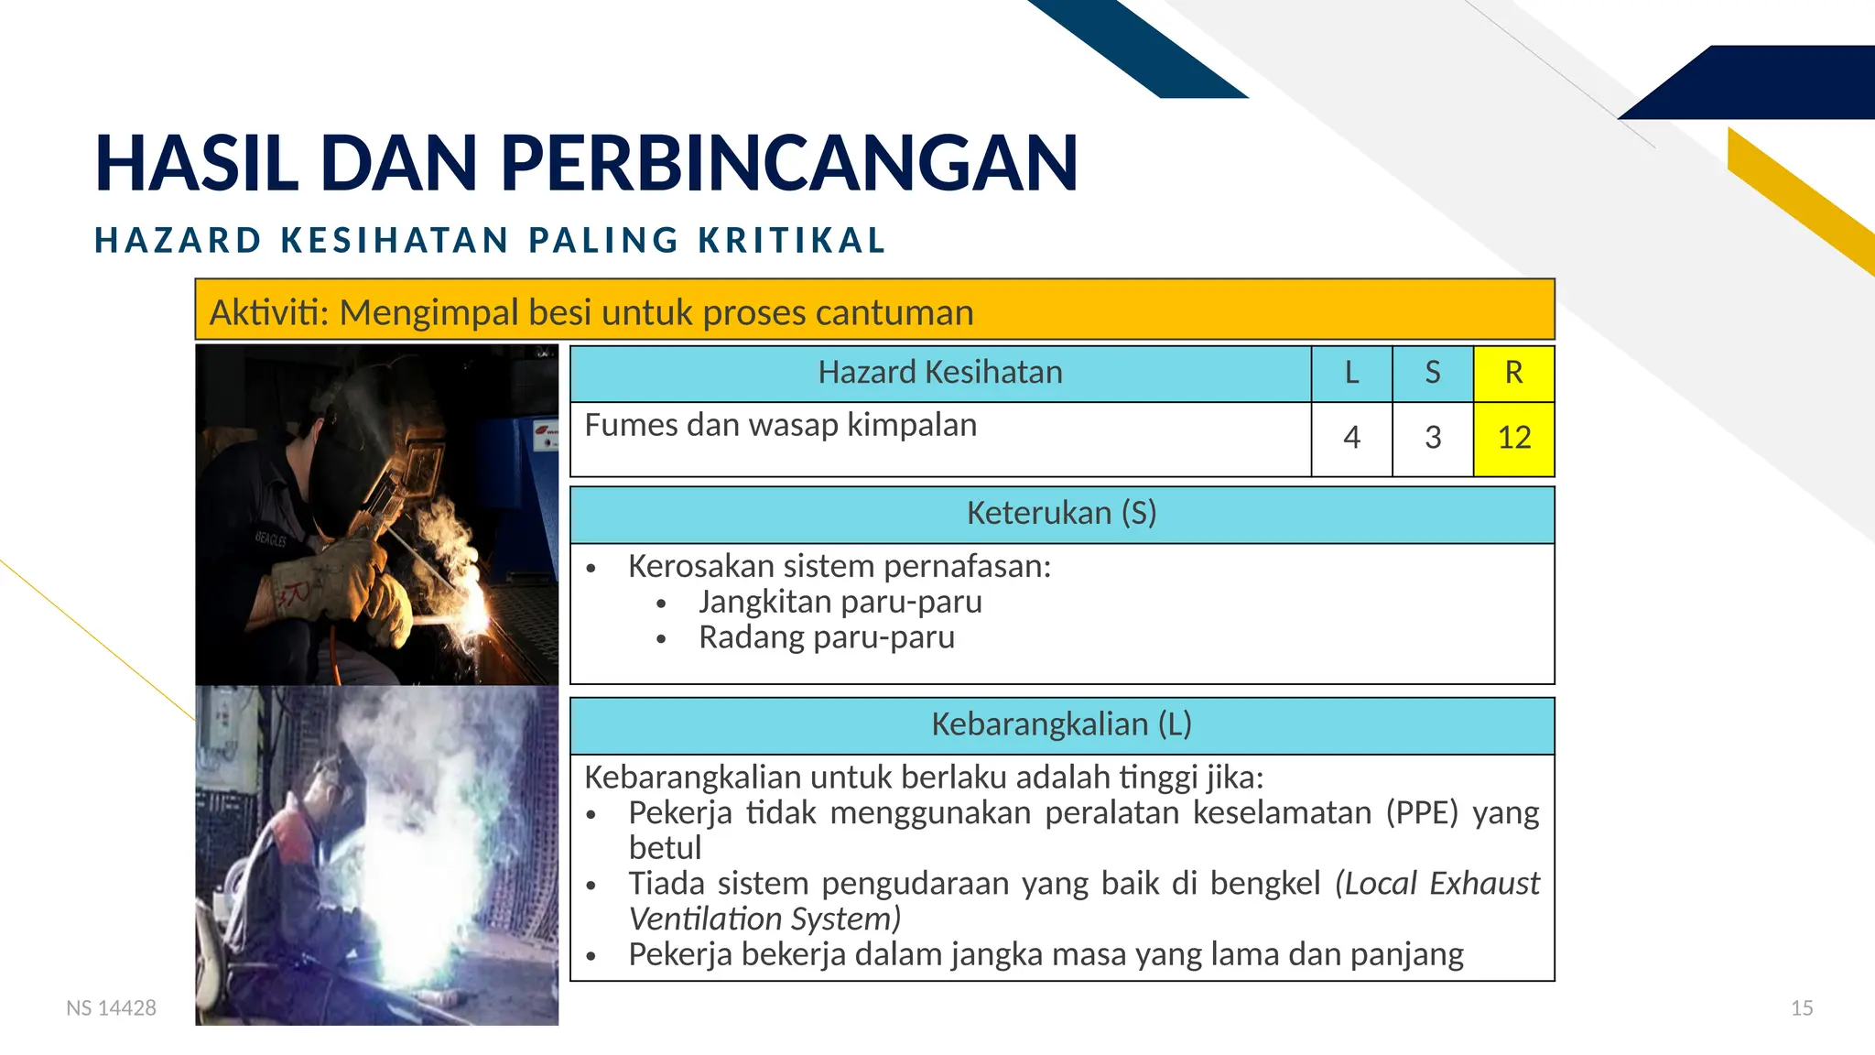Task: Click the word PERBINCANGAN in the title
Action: [x=789, y=163]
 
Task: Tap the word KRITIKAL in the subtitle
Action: [x=792, y=241]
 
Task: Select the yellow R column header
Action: [x=1513, y=373]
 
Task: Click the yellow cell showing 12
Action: [x=1513, y=438]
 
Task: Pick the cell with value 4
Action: [x=1351, y=438]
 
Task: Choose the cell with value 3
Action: [x=1433, y=438]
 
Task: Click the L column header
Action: [x=1351, y=373]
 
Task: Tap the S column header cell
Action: [x=1433, y=373]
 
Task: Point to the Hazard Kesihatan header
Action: [x=940, y=373]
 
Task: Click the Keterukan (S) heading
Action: [x=1061, y=513]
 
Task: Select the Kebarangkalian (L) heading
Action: [x=1061, y=724]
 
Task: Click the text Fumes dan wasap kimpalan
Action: [x=780, y=425]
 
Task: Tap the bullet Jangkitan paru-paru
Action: [x=840, y=602]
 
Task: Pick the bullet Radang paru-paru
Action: [x=826, y=637]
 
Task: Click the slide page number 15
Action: [x=1801, y=1008]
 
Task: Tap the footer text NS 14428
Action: [x=111, y=1008]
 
